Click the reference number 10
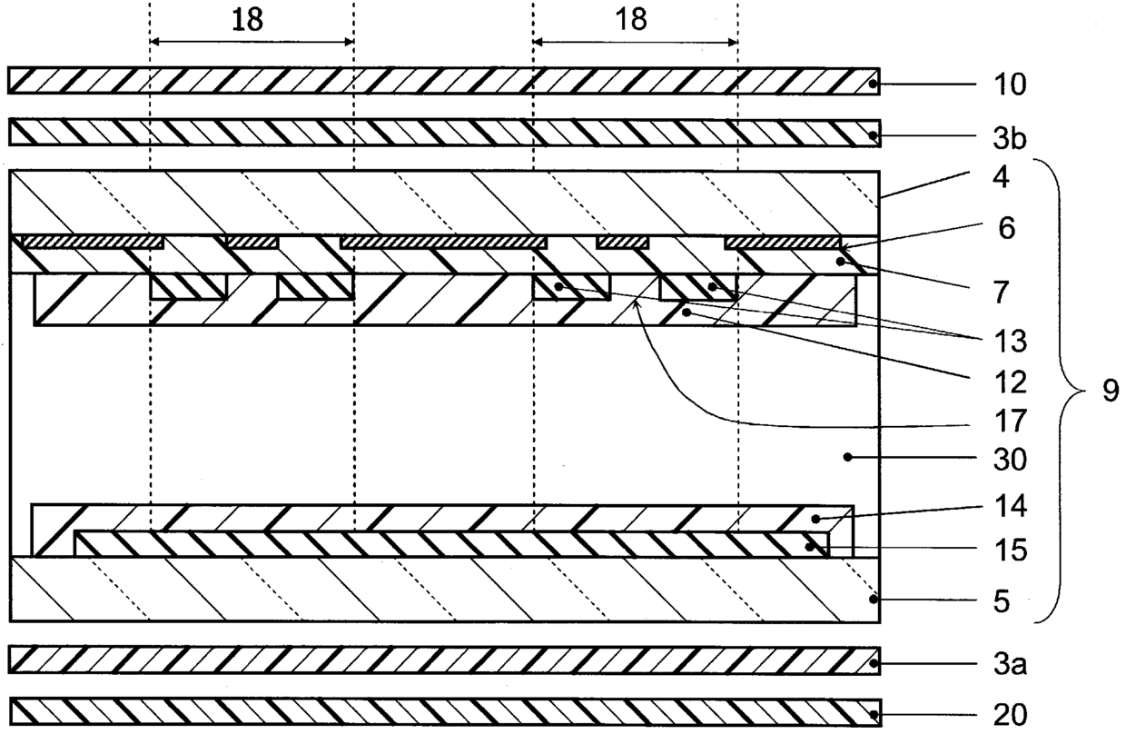point(1010,84)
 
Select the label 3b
point(1010,138)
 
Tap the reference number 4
point(1001,177)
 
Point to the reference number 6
point(1006,228)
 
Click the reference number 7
point(1002,293)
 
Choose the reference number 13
point(1011,342)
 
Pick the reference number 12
point(1011,382)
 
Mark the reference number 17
point(1011,421)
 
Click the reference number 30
point(1011,460)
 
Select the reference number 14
point(1011,506)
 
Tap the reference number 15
point(1011,550)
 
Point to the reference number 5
point(1002,601)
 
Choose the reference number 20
point(1011,715)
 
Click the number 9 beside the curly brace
point(1111,391)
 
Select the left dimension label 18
point(247,20)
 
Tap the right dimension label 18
point(631,20)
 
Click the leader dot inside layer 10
point(874,84)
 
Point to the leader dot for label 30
point(847,457)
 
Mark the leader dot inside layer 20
point(874,714)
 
